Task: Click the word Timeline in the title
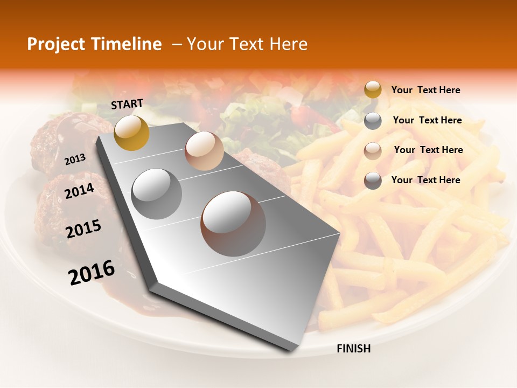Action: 128,44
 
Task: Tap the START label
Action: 127,104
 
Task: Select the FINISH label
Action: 353,349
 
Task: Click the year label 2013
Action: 75,160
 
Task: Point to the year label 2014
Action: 79,191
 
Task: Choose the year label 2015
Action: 83,230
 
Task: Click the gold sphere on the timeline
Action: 131,133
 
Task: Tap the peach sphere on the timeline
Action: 204,151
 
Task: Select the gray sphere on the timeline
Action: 157,193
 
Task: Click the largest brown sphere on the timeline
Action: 233,224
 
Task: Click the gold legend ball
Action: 373,89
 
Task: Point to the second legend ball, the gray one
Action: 373,121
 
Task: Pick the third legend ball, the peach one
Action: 373,150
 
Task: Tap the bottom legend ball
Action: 373,181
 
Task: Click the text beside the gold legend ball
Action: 425,90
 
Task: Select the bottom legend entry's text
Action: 425,180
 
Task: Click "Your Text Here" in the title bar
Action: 247,44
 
